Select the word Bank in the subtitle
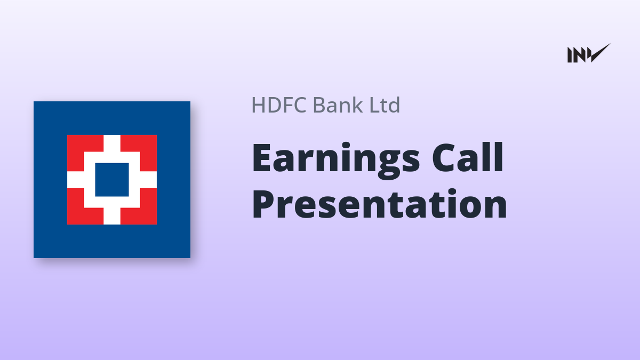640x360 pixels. coord(338,105)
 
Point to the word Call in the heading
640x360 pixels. coord(467,157)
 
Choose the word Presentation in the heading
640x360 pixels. coord(379,204)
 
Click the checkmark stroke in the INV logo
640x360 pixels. coord(600,53)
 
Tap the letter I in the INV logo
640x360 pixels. coord(570,55)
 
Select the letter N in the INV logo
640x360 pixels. coord(580,55)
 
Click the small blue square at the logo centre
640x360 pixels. coord(111,180)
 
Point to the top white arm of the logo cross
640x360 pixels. coord(111,143)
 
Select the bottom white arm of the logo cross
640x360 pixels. coord(111,216)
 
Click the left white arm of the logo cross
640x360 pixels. coord(75,180)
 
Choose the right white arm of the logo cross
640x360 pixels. coord(148,180)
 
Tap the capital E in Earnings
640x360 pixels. coord(262,157)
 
